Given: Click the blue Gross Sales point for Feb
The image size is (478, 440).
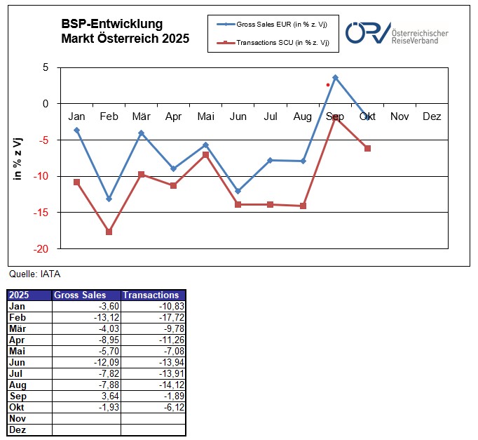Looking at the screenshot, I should [x=109, y=199].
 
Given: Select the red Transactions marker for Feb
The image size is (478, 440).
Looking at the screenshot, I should [x=109, y=232].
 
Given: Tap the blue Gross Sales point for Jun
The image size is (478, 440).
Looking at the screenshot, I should [x=238, y=191].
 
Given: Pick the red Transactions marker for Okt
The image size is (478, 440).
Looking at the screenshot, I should [x=367, y=148].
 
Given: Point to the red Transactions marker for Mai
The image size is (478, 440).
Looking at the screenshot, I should [x=206, y=154].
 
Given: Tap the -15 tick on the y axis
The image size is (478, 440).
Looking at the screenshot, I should [x=43, y=213].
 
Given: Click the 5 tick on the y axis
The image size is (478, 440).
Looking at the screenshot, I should [x=46, y=67].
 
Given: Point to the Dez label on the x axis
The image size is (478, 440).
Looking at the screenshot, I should [x=432, y=116].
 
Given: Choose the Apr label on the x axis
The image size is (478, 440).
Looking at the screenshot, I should [x=173, y=116].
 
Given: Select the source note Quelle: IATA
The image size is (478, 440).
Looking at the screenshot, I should [x=29, y=274].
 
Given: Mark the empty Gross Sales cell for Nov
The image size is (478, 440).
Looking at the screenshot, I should [x=87, y=418].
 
